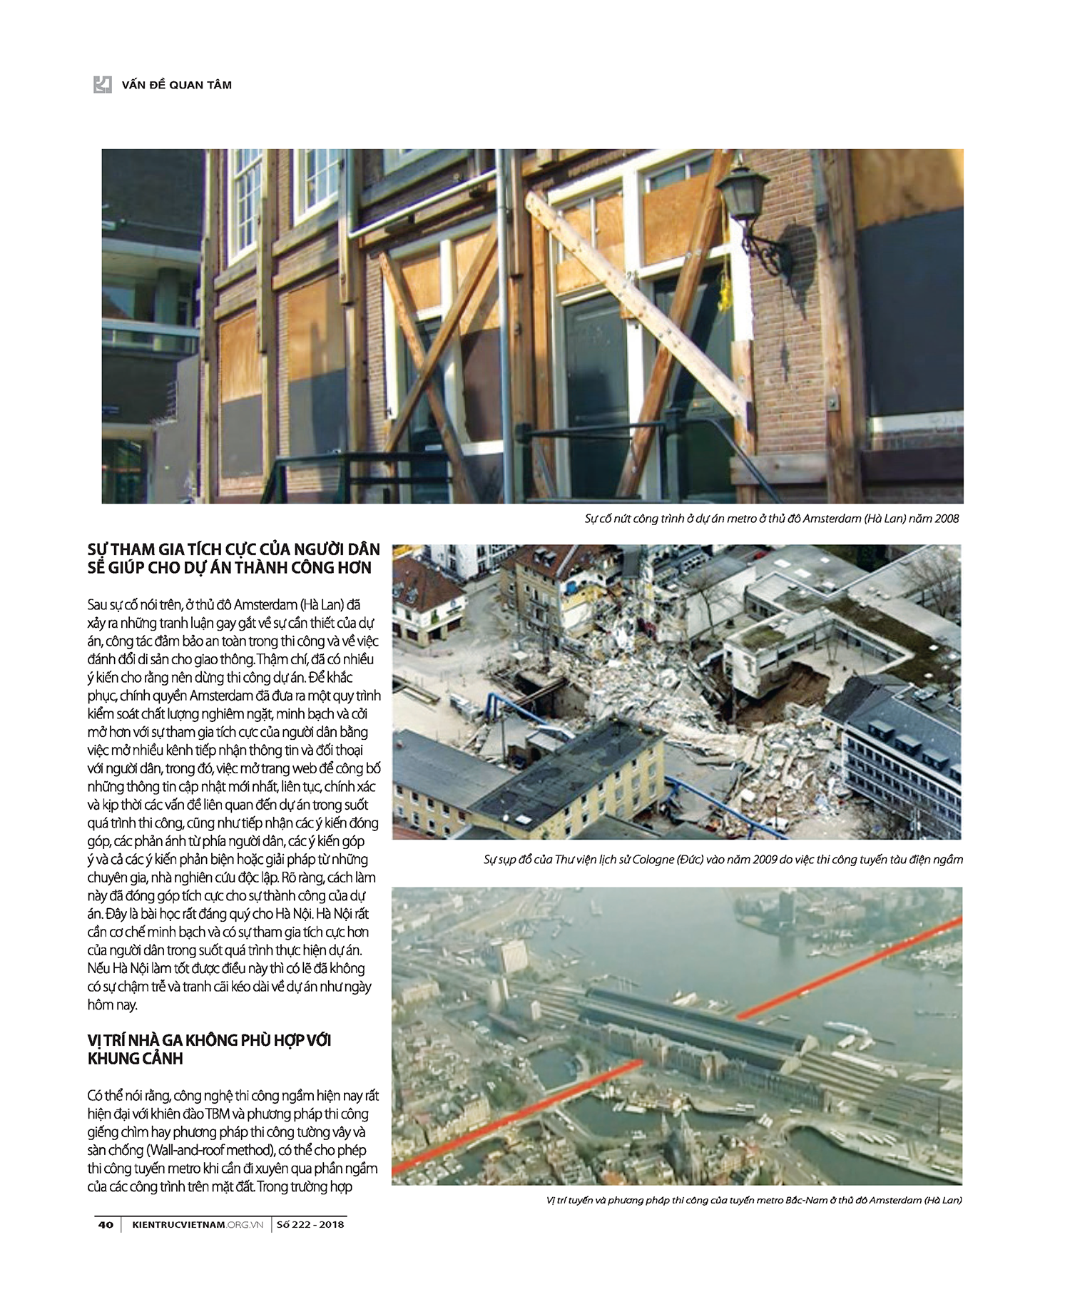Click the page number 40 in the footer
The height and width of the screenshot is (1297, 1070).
pyautogui.click(x=106, y=1224)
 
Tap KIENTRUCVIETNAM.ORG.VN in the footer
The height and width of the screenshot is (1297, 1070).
pyautogui.click(x=198, y=1224)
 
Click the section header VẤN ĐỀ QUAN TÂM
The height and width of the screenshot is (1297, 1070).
pyautogui.click(x=176, y=85)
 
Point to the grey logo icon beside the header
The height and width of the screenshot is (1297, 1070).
pyautogui.click(x=103, y=85)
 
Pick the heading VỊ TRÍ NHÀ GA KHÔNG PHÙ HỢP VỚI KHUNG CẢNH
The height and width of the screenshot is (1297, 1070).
pyautogui.click(x=209, y=1049)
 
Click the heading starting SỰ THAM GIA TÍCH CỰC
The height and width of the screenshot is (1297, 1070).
pyautogui.click(x=233, y=559)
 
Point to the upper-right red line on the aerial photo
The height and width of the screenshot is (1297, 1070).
pyautogui.click(x=849, y=968)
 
